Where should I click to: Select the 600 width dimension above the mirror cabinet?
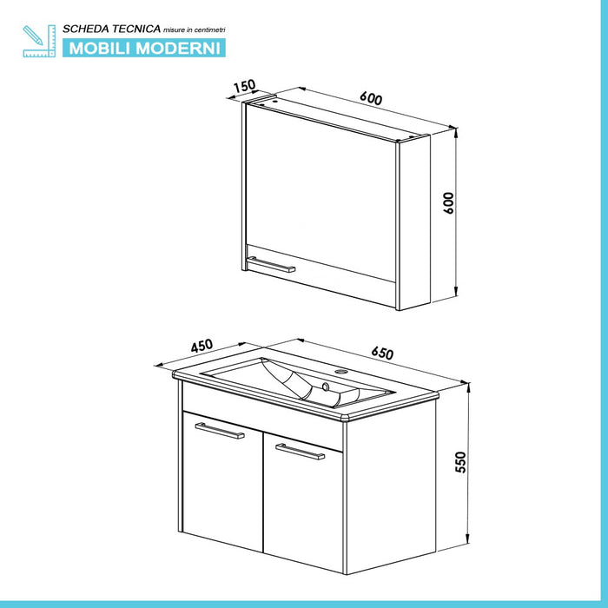(x=371, y=99)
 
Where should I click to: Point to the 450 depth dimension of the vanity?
(x=201, y=345)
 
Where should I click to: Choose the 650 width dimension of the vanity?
(x=382, y=354)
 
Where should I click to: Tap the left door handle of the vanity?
(x=220, y=431)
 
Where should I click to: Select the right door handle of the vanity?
(x=300, y=451)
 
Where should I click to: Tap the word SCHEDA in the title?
(x=84, y=29)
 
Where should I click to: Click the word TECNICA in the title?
(x=134, y=29)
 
